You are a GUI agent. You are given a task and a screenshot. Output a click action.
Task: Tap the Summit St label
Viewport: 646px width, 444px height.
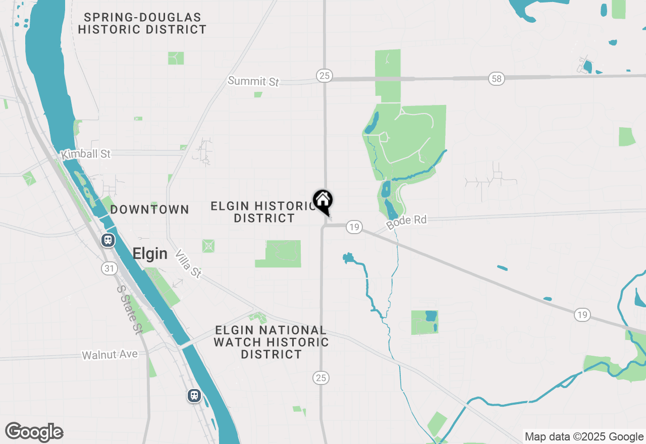coord(253,81)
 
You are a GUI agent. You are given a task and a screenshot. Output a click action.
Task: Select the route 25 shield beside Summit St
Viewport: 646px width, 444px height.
coord(324,76)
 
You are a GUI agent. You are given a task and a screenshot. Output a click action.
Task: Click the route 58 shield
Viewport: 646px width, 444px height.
coord(497,78)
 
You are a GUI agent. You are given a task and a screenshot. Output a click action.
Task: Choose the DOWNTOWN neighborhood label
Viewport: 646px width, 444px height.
coord(149,209)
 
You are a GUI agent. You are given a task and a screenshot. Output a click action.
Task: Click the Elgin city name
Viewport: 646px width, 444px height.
coord(150,253)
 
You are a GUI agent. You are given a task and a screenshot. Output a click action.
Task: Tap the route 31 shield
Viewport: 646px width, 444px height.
coord(109,268)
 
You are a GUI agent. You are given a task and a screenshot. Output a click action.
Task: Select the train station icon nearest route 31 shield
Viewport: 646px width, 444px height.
coord(107,240)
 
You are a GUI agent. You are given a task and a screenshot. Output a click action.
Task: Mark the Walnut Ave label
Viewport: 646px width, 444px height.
coord(110,355)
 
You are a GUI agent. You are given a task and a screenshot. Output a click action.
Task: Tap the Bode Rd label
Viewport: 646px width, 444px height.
coord(406,223)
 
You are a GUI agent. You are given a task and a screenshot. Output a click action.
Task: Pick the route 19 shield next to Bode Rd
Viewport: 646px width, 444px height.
coord(354,227)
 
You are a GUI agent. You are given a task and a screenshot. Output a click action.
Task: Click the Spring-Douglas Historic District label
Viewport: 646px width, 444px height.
coord(142,24)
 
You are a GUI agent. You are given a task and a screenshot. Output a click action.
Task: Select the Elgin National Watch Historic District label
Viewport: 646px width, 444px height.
coord(271,342)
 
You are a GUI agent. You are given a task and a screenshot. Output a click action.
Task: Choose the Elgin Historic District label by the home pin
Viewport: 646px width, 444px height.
coord(263,212)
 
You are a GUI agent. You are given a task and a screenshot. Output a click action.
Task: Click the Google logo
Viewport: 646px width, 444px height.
coord(34,432)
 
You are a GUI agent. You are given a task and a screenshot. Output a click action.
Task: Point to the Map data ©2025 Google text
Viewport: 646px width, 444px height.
coord(584,437)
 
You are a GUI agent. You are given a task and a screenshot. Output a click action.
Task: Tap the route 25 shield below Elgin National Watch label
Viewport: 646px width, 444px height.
coord(320,377)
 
